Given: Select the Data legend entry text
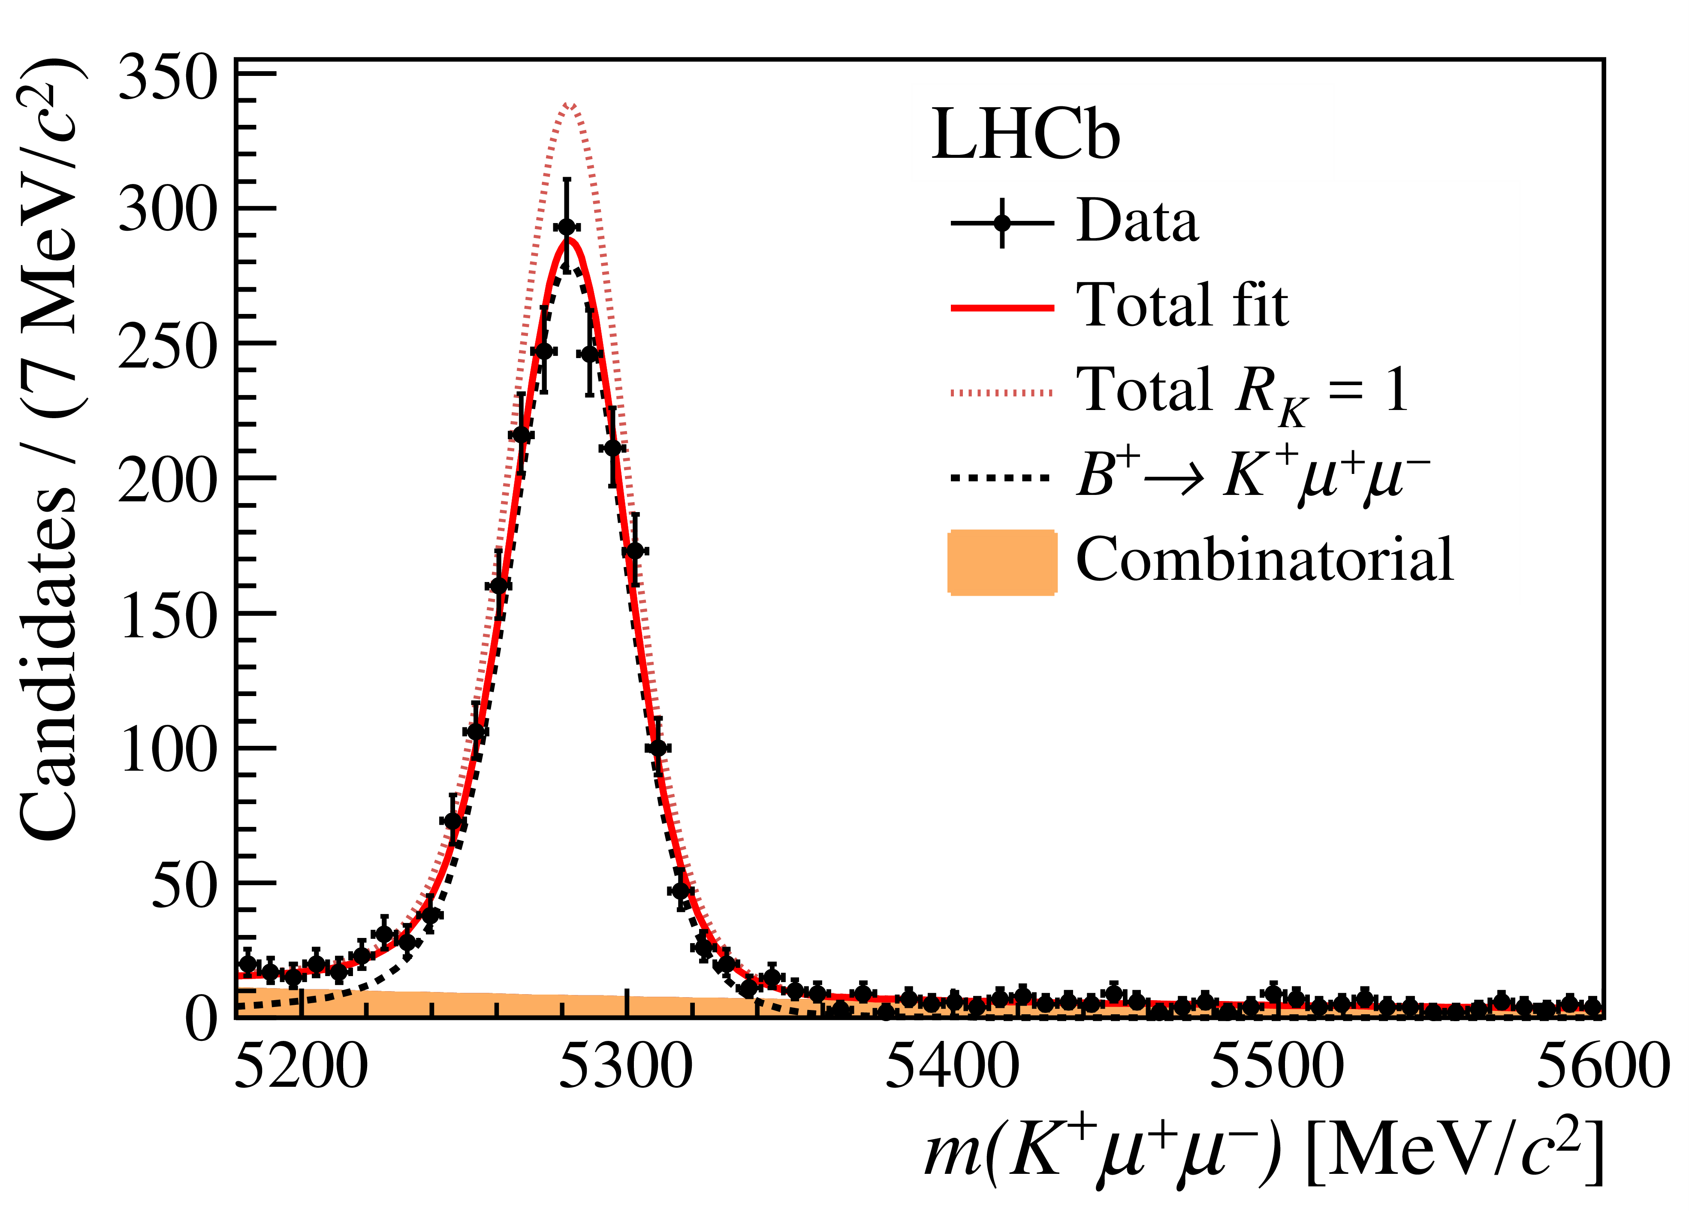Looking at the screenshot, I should [x=1137, y=221].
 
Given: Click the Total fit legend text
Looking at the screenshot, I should [x=1182, y=305].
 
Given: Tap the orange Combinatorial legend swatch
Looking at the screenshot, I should [x=1001, y=563].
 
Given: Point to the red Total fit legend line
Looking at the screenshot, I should [x=1001, y=308].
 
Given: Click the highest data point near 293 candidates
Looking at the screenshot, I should [x=567, y=227].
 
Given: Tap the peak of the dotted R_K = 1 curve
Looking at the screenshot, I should [x=569, y=105].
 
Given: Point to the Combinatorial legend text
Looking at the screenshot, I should [x=1264, y=560].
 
